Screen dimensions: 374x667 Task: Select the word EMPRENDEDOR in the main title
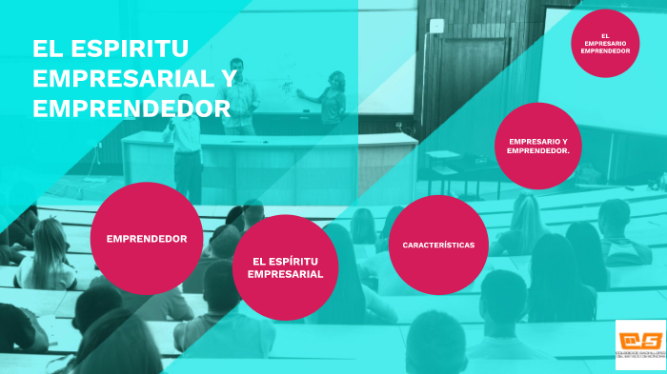(x=131, y=108)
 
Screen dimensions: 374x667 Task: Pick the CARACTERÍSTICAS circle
(x=438, y=245)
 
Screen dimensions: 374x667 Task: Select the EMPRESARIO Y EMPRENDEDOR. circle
(x=538, y=146)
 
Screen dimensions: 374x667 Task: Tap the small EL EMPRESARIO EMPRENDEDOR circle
(x=605, y=43)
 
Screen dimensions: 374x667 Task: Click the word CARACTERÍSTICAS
(x=438, y=245)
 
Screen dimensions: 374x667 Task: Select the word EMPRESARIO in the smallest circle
(x=605, y=43)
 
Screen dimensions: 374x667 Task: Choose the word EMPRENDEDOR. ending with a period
(x=538, y=150)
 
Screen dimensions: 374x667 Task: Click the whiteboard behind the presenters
(x=286, y=76)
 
